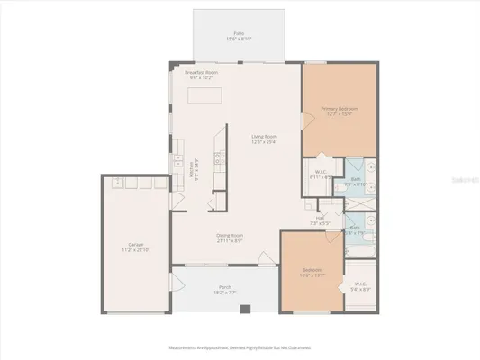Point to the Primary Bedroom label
[340, 112]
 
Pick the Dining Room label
[230, 238]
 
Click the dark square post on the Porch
[244, 309]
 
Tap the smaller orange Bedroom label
[312, 272]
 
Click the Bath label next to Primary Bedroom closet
[356, 181]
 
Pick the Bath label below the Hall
[355, 230]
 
